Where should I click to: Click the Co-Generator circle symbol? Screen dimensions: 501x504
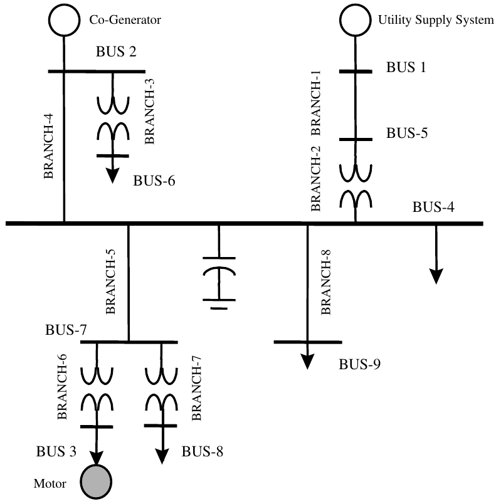pyautogui.click(x=64, y=20)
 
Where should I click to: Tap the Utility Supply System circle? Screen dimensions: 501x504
pyautogui.click(x=356, y=20)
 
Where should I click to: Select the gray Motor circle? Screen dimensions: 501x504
pyautogui.click(x=96, y=481)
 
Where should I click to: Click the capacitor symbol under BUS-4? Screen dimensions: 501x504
pyautogui.click(x=219, y=283)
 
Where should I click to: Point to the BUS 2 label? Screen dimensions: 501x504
pyautogui.click(x=116, y=51)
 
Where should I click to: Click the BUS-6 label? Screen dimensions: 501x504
pyautogui.click(x=154, y=181)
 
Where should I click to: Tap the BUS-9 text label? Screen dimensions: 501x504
pyautogui.click(x=359, y=364)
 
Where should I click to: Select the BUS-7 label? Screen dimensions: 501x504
pyautogui.click(x=66, y=330)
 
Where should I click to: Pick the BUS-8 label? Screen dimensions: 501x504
pyautogui.click(x=203, y=451)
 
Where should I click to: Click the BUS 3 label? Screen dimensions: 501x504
pyautogui.click(x=56, y=451)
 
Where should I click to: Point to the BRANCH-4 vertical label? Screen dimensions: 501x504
pyautogui.click(x=48, y=146)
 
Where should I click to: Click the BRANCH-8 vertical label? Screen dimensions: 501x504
pyautogui.click(x=326, y=282)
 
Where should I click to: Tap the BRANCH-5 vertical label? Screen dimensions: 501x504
pyautogui.click(x=110, y=281)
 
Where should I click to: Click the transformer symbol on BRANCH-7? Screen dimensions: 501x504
pyautogui.click(x=161, y=389)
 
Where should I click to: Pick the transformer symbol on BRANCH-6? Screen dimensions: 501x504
pyautogui.click(x=97, y=389)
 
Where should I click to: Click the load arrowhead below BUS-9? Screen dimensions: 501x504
pyautogui.click(x=307, y=362)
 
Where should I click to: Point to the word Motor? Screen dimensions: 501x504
pyautogui.click(x=50, y=483)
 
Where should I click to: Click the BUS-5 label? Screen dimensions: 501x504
pyautogui.click(x=407, y=133)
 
